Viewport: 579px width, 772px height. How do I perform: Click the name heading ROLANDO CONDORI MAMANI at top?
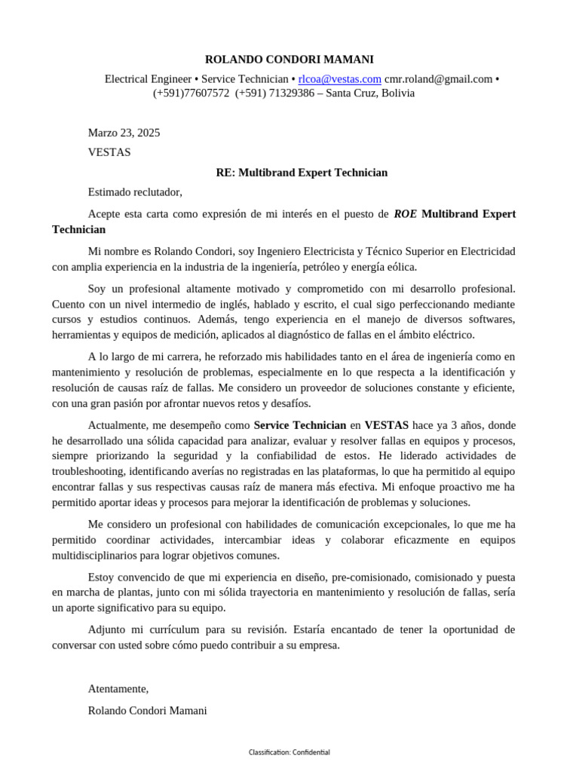click(x=289, y=60)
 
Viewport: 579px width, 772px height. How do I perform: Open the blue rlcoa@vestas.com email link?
click(x=339, y=79)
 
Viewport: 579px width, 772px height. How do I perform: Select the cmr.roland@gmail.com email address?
click(x=438, y=79)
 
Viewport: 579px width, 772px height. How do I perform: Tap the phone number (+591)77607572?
click(x=191, y=93)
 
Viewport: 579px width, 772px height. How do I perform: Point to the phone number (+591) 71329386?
click(x=274, y=93)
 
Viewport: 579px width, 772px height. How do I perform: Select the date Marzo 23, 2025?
click(x=124, y=133)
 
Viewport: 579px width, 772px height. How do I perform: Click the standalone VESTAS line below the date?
click(x=109, y=152)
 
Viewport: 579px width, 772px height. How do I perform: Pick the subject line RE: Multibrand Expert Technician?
click(x=302, y=173)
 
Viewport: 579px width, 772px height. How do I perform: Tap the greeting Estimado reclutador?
click(x=135, y=192)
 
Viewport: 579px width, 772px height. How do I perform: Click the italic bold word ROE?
click(x=406, y=214)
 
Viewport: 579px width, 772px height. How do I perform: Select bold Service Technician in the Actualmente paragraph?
click(x=300, y=425)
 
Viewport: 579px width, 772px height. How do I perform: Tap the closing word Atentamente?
click(x=118, y=688)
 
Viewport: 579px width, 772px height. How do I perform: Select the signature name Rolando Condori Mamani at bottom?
click(x=147, y=710)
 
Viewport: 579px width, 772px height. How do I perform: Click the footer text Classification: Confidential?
click(x=289, y=752)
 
